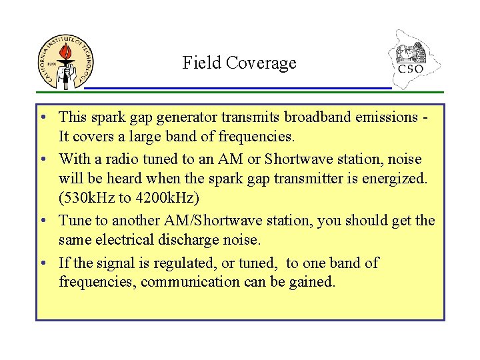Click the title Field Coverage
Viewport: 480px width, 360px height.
tap(239, 63)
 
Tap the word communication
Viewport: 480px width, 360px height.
tap(195, 283)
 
